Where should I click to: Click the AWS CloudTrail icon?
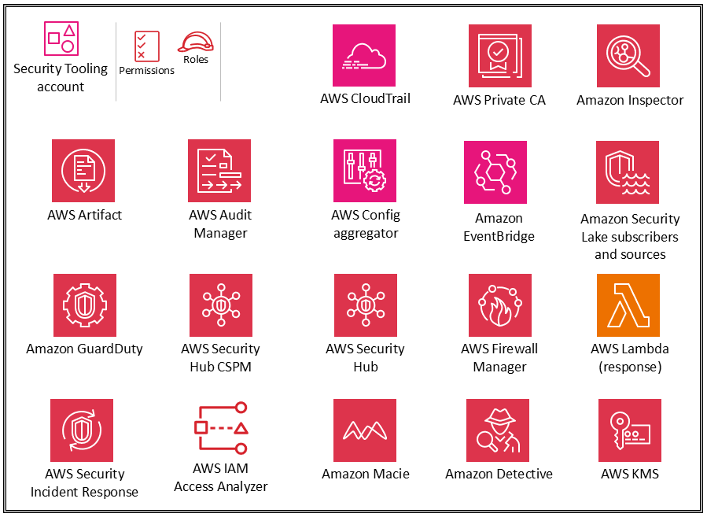364,55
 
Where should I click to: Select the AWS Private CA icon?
499,55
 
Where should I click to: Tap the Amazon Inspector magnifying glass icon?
628,55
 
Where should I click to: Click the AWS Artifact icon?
83,171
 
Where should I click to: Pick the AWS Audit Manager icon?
219,171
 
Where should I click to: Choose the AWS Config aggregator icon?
365,171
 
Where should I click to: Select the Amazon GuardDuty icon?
84,305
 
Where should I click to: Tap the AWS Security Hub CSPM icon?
221,305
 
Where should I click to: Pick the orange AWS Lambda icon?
628,305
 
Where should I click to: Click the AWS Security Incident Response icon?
82,430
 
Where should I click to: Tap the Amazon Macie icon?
365,430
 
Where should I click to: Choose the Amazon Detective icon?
498,430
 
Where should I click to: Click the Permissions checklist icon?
146,46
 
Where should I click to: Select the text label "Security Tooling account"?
61,77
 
